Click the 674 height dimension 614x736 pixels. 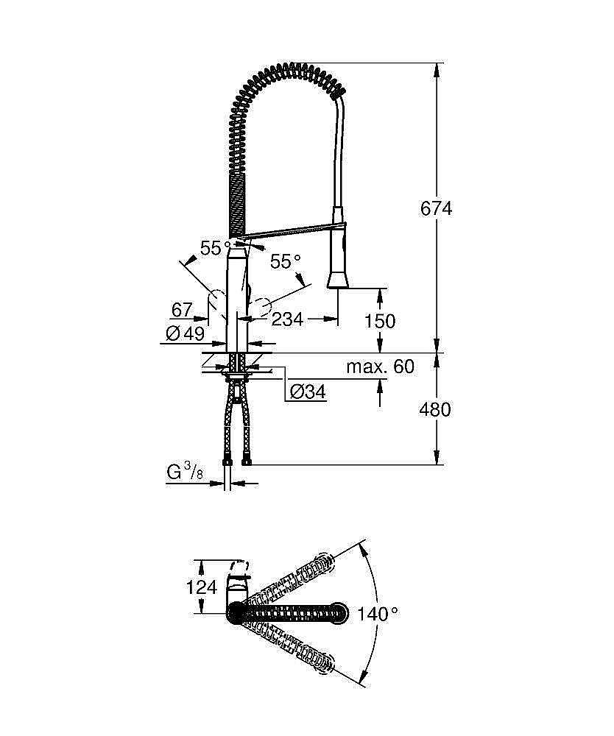[436, 208]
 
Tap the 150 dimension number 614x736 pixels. [380, 321]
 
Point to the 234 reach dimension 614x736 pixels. [287, 319]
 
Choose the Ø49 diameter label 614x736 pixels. [185, 334]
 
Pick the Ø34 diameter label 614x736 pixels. [307, 392]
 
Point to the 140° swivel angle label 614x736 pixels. [378, 614]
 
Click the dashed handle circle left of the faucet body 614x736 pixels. [218, 302]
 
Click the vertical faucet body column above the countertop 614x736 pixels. [237, 302]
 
